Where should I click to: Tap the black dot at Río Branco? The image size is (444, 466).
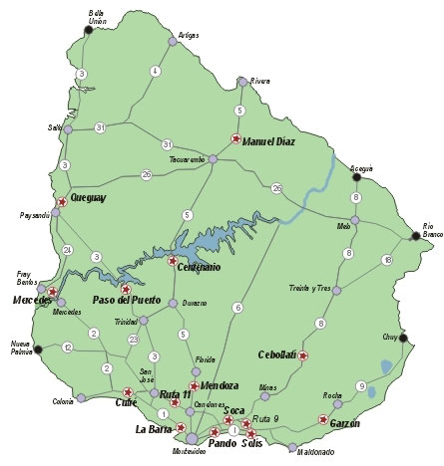tap(416, 236)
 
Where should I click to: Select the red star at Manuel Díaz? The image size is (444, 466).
tap(235, 140)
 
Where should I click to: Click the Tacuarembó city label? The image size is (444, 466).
tap(187, 159)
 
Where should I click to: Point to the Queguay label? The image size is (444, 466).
tap(87, 197)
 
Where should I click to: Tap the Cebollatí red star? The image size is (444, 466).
tap(303, 355)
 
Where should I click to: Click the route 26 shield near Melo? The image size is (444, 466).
tap(277, 187)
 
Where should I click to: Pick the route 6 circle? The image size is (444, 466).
tap(237, 308)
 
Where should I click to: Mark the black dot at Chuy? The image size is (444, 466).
tap(403, 339)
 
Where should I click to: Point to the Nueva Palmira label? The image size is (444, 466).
tap(21, 345)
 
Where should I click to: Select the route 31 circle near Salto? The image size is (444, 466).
tap(101, 128)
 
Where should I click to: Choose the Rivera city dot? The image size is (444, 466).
tap(242, 81)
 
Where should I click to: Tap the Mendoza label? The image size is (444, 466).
tap(220, 384)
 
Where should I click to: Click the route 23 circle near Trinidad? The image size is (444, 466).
tap(134, 340)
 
